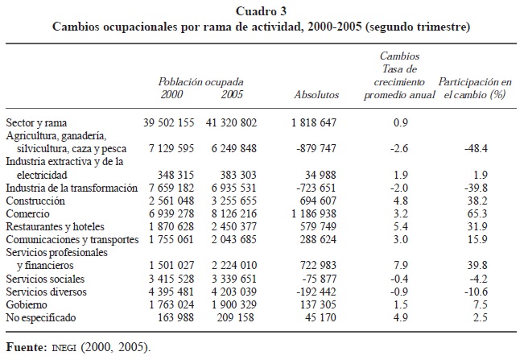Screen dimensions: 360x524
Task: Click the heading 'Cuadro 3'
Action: click(262, 10)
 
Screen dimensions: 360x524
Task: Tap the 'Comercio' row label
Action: click(27, 215)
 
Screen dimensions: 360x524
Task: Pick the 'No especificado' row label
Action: click(40, 318)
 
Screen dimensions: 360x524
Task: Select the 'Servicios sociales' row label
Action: click(43, 278)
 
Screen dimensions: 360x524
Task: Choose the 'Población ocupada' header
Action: click(200, 81)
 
